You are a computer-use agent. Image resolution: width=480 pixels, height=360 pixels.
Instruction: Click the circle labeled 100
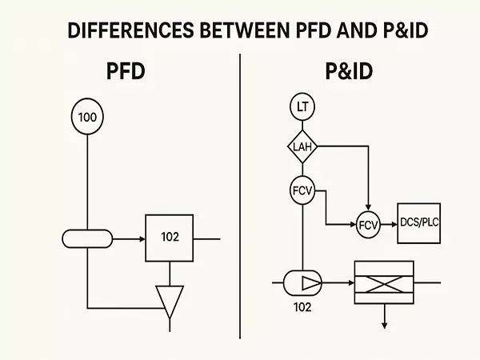pos(86,118)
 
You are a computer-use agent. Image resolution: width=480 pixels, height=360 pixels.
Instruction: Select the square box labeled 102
pos(169,238)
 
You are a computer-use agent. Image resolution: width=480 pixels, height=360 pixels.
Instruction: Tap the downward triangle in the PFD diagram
pos(170,301)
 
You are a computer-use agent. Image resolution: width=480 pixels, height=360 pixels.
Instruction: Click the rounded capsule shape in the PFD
pos(87,238)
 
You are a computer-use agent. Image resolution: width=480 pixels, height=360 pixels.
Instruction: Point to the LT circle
pos(302,106)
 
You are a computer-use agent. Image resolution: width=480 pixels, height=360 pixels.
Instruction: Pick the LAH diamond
pos(302,146)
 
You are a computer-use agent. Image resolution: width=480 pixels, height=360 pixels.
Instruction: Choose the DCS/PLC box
pos(418,223)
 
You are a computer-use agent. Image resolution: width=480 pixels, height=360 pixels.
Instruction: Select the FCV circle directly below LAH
pos(302,191)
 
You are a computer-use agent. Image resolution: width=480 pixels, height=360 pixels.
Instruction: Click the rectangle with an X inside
pos(384,282)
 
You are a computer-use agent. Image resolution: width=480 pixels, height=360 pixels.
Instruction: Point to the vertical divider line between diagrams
pos(240,200)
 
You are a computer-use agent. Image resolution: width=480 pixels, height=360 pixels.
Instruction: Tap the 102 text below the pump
pos(302,306)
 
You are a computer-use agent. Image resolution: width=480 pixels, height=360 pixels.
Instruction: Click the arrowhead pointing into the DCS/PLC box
pos(394,224)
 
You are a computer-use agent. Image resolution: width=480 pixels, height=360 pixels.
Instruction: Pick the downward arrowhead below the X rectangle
pos(384,324)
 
